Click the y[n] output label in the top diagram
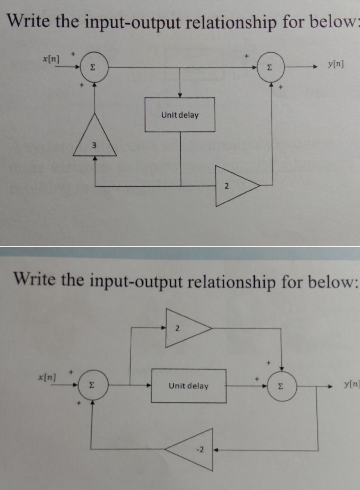click(x=335, y=64)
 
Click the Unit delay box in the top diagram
click(x=180, y=115)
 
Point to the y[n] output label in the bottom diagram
click(x=351, y=385)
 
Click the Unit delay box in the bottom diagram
click(x=189, y=386)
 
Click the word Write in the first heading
click(x=29, y=21)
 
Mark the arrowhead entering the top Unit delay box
click(x=180, y=95)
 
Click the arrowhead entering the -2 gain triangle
click(x=215, y=450)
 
